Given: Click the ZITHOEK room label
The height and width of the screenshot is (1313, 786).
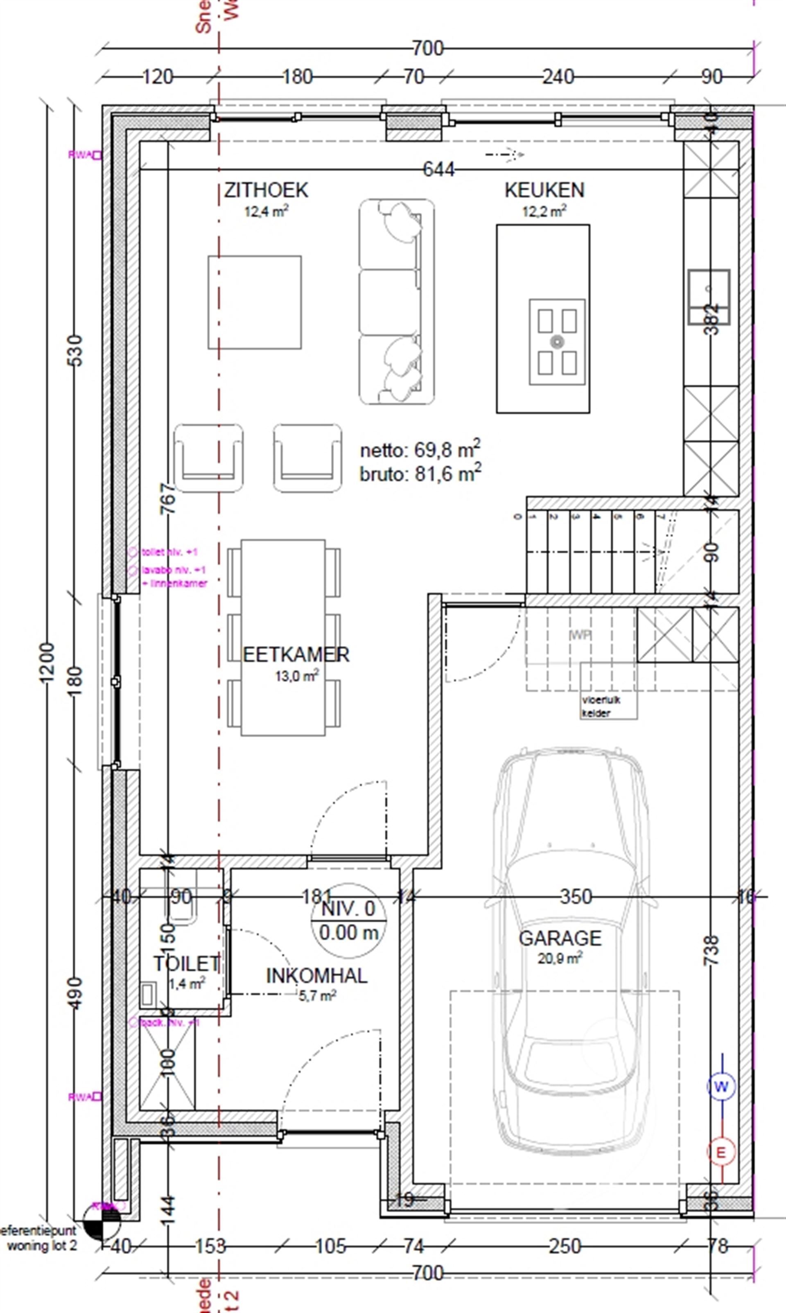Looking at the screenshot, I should (x=266, y=190).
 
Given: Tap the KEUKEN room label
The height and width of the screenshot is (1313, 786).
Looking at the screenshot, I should (x=544, y=190).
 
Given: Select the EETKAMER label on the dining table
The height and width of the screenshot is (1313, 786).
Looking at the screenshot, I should (x=296, y=655).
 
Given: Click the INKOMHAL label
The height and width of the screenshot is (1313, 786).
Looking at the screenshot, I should (x=316, y=976).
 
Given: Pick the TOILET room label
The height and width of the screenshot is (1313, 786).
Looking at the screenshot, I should (x=186, y=963).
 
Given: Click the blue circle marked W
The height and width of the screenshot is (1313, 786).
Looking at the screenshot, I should (x=721, y=1087).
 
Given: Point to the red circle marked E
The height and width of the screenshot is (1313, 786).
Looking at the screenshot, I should (x=721, y=1153).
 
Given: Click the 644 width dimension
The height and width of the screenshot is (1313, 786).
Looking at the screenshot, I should (x=438, y=169).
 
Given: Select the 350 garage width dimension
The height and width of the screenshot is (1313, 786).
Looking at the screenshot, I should (x=576, y=897).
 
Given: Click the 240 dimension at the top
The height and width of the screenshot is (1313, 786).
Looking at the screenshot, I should (x=558, y=77).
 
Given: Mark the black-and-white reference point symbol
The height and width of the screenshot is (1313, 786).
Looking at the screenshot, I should (x=102, y=1221).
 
